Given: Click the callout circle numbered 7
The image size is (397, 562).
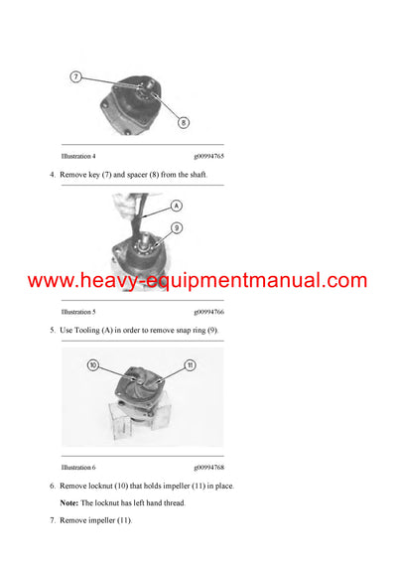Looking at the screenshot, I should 76,76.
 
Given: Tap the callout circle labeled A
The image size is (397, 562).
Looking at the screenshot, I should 176,206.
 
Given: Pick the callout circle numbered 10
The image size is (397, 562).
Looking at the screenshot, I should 93,365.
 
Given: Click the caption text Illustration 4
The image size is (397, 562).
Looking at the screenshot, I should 78,156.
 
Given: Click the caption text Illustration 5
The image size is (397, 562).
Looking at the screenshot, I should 78,311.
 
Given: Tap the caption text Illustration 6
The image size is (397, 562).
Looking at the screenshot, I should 78,467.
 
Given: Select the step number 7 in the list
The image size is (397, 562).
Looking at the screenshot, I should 52,521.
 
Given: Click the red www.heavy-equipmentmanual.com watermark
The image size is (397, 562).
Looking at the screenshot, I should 198,281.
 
